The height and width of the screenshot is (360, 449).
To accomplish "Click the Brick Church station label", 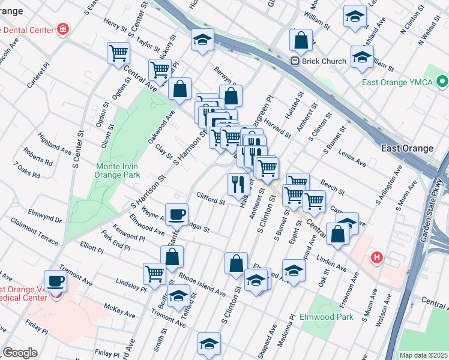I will [x=324, y=61].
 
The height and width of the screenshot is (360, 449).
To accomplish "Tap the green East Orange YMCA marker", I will [x=443, y=81].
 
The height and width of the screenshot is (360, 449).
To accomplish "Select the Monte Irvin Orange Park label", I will [x=118, y=170].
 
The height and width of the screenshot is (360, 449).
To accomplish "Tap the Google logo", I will [x=20, y=353].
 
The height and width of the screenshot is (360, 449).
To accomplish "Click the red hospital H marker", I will [x=377, y=257].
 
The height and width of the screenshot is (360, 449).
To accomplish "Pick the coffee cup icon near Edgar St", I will [x=176, y=214].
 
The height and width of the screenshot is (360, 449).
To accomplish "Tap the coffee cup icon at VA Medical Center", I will [x=56, y=280].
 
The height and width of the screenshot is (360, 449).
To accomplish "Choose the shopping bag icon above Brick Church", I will [x=300, y=40].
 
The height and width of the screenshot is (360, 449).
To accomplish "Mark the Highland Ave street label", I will [x=53, y=142].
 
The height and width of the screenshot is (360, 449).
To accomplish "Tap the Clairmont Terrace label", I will [x=34, y=231].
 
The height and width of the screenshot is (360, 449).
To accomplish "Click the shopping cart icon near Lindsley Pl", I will [x=154, y=274].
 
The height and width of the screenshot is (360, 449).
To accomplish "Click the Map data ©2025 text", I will [x=424, y=355].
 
